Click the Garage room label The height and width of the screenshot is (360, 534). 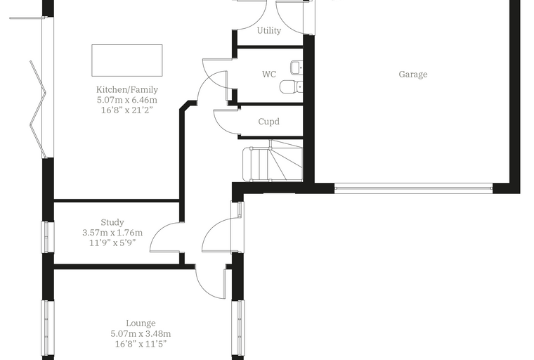pos(412,75)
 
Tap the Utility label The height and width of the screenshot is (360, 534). pos(268,31)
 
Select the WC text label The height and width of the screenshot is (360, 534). pos(269,74)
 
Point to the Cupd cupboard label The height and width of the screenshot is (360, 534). pos(268,122)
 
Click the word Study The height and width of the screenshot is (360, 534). pos(112,223)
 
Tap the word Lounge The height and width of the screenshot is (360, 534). pos(141,323)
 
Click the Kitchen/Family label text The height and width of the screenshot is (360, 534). pos(127,90)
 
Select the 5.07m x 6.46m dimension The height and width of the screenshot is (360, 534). pos(127,100)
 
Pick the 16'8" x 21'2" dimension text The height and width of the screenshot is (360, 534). pos(127,110)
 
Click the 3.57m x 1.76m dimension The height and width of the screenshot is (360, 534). pos(112,233)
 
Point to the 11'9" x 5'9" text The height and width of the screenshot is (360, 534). pos(112,243)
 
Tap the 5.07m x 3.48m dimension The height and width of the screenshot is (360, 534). pos(141,333)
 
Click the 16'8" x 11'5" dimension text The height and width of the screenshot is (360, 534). pos(141,344)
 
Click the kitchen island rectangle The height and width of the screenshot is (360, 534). pos(127,60)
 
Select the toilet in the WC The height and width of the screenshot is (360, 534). pos(291,86)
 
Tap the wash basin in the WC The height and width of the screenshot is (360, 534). pos(297,67)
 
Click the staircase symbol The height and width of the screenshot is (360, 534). pos(273,160)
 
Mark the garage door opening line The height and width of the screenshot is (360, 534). pos(413,186)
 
